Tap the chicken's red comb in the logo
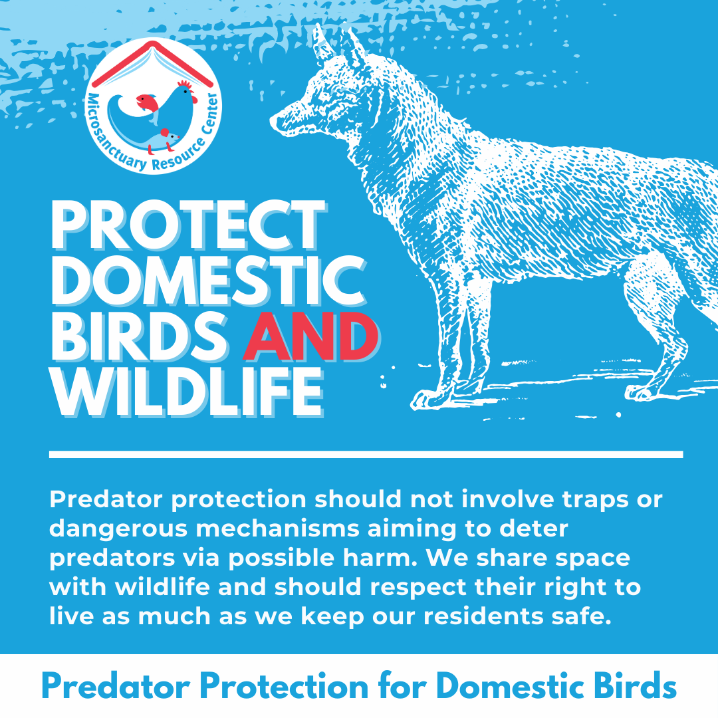coord(185,85)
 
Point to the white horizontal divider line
coord(366,455)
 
